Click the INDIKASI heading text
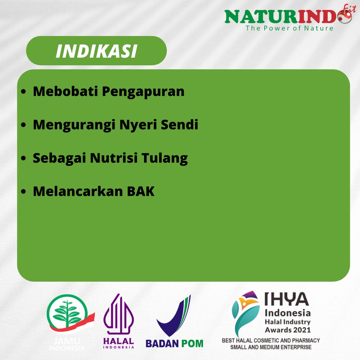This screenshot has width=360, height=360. click(96, 51)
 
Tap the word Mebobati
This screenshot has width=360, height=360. click(65, 91)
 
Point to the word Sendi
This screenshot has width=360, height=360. click(179, 124)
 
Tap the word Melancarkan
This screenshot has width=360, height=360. click(78, 191)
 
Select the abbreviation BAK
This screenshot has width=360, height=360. click(141, 192)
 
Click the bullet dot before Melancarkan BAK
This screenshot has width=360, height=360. click(24, 192)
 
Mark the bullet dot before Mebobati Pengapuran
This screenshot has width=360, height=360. click(24, 91)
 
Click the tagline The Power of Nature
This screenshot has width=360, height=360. click(289, 28)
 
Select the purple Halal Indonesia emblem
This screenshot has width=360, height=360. click(118, 314)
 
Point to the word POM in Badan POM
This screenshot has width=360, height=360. click(192, 344)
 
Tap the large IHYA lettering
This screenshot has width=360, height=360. click(287, 299)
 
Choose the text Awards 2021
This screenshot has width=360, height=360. click(288, 330)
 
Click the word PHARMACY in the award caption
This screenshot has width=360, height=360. click(306, 340)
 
